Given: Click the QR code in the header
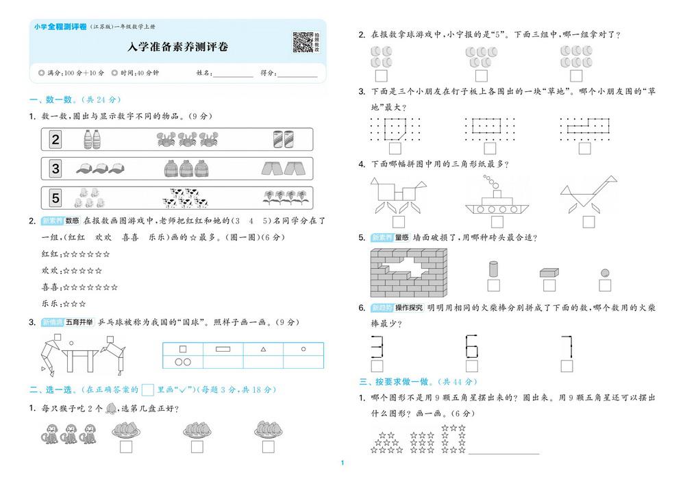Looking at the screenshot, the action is coord(303,42).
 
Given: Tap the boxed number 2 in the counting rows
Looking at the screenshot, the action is coord(55,139).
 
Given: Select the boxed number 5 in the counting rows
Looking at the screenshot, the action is coord(55,197).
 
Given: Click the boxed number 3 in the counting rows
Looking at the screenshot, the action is coord(55,169).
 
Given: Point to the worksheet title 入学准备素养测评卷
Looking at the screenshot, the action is coord(178,47).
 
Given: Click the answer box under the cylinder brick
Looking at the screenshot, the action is coord(494,285).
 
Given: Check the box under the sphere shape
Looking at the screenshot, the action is coord(605,285).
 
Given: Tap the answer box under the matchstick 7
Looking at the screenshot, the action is coord(566,366).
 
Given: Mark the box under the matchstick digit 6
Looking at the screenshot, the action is coord(472,366).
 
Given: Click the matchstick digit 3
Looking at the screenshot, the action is coord(377,347).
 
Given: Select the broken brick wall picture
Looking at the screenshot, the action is coord(408,273).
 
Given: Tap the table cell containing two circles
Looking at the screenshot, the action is coord(183,362).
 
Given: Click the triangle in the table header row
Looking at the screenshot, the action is coord(264,350).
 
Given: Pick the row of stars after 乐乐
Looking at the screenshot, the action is coord(74,304).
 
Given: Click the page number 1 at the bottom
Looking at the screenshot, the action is coord(342,463).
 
